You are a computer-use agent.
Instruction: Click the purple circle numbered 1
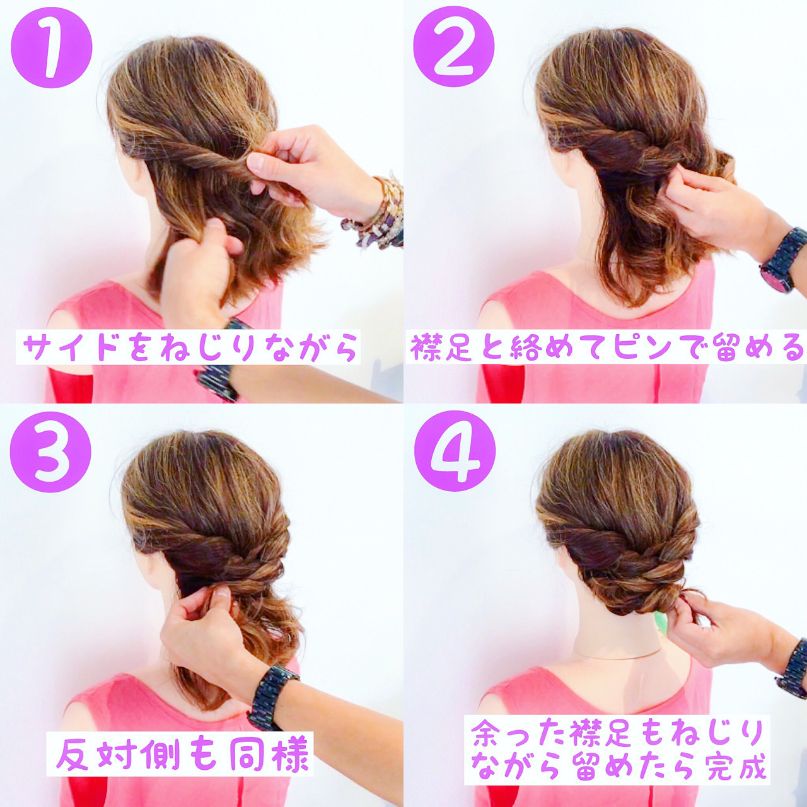pyautogui.click(x=52, y=47)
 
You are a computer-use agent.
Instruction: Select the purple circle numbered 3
pyautogui.click(x=50, y=451)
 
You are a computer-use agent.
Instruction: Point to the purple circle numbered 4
pyautogui.click(x=455, y=451)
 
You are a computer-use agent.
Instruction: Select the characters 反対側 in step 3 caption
pyautogui.click(x=111, y=754)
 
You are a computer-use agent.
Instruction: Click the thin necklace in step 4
pyautogui.click(x=618, y=656)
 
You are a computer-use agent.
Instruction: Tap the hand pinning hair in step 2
pyautogui.click(x=706, y=205)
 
